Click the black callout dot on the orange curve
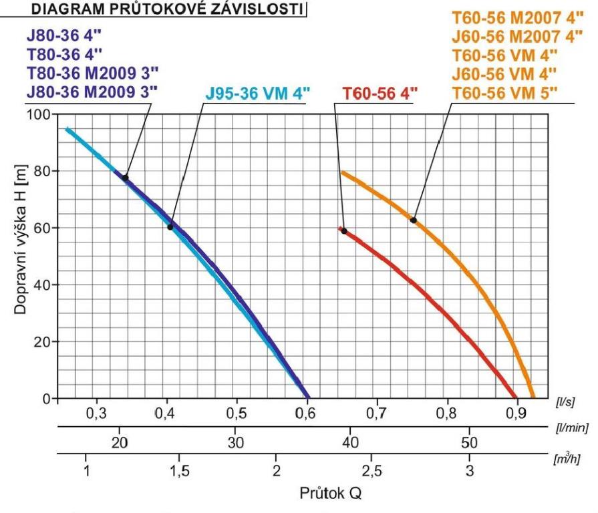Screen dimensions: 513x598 pyautogui.click(x=414, y=220)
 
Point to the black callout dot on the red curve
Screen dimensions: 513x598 pyautogui.click(x=344, y=231)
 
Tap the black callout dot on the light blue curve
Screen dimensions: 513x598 pyautogui.click(x=170, y=227)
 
